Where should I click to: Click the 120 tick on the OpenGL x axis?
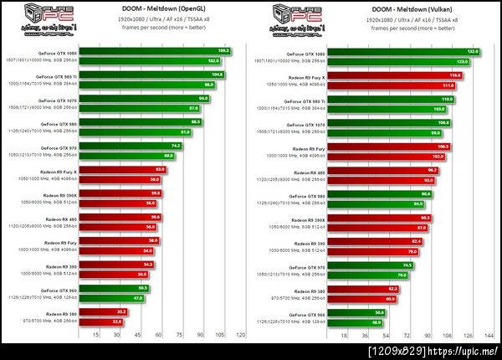click(x=241, y=335)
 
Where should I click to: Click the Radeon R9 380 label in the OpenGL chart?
click(x=61, y=312)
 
